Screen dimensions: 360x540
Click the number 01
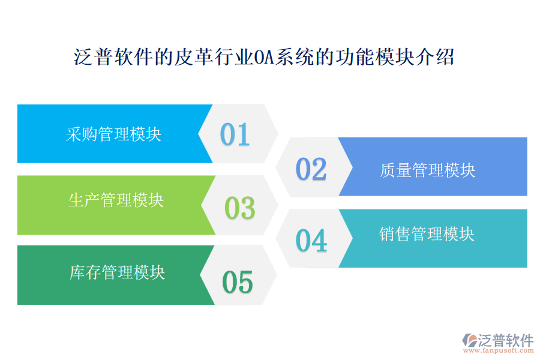(x=235, y=134)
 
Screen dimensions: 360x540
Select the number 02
(x=311, y=169)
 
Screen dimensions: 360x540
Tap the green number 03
(x=239, y=208)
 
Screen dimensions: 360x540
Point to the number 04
(x=311, y=241)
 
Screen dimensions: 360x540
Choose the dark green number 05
(x=238, y=282)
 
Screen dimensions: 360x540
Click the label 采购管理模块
(x=113, y=134)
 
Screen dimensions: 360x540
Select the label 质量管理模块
(x=427, y=170)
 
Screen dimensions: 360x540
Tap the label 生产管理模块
(x=116, y=200)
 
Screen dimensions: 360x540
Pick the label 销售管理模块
(x=427, y=233)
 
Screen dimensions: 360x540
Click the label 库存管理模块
(x=117, y=273)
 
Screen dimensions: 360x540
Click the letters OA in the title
(x=263, y=58)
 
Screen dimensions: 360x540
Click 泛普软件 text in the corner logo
(x=505, y=340)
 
